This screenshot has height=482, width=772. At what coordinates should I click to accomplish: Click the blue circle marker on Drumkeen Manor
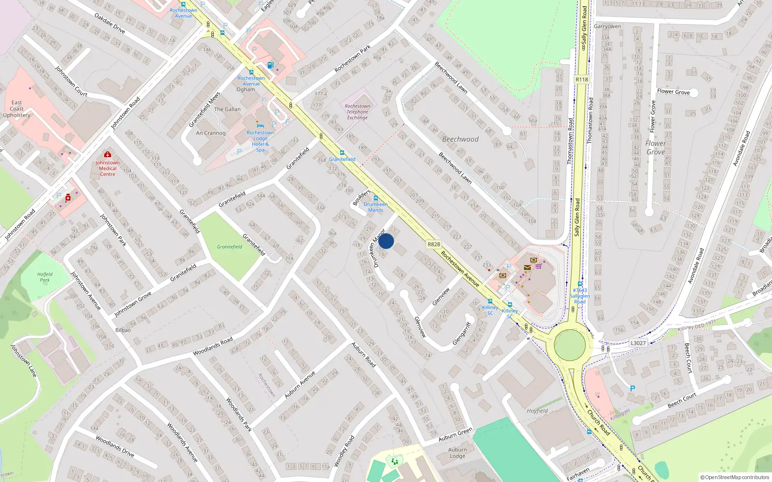pyautogui.click(x=386, y=241)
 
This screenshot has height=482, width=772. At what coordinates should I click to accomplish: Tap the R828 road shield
pyautogui.click(x=434, y=244)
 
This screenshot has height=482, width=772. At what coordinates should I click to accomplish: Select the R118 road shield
pyautogui.click(x=581, y=80)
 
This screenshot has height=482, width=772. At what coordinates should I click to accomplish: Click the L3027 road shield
pyautogui.click(x=638, y=343)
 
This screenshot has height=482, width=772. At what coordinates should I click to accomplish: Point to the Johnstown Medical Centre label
pyautogui.click(x=108, y=168)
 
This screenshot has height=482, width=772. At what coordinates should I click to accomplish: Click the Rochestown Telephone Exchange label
pyautogui.click(x=358, y=112)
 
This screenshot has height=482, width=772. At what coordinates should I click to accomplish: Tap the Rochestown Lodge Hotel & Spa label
pyautogui.click(x=260, y=141)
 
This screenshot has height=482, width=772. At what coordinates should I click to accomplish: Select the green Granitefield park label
pyautogui.click(x=230, y=247)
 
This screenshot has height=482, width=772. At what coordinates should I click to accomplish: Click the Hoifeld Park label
pyautogui.click(x=45, y=277)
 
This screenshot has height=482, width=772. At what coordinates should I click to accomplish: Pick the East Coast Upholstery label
pyautogui.click(x=17, y=109)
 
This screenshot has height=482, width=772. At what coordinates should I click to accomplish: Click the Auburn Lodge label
pyautogui.click(x=457, y=453)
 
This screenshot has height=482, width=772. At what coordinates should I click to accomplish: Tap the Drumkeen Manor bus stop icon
pyautogui.click(x=375, y=199)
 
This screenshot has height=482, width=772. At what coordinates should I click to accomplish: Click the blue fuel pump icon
pyautogui.click(x=270, y=66)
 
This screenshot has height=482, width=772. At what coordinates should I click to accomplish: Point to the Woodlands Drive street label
pyautogui.click(x=115, y=446)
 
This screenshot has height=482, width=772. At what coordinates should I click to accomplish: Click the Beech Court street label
pyautogui.click(x=682, y=400)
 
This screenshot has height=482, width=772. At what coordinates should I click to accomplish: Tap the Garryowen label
pyautogui.click(x=607, y=27)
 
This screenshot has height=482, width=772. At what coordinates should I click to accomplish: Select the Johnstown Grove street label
pyautogui.click(x=133, y=304)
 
